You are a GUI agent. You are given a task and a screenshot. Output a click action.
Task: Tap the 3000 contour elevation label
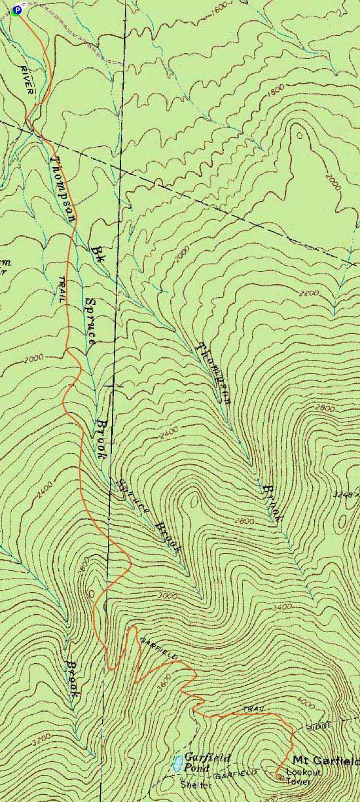(168, 596)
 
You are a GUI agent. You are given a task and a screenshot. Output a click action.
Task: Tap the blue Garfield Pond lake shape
(177, 763)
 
